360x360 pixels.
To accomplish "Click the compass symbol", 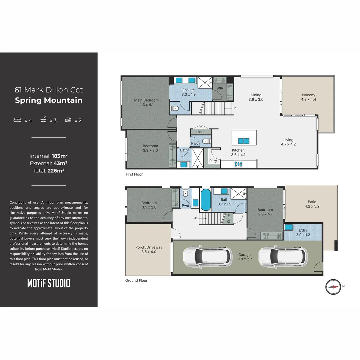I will pyautogui.click(x=333, y=287).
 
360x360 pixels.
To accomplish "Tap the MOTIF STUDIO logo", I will pyautogui.click(x=49, y=284).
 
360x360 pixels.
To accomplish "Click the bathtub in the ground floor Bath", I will pyautogui.click(x=205, y=200).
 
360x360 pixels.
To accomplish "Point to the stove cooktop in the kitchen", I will pyautogui.click(x=239, y=164).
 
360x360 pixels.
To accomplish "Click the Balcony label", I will pyautogui.click(x=308, y=95).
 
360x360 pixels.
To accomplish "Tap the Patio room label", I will pyautogui.click(x=312, y=202).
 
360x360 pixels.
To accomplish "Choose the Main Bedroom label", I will pyautogui.click(x=146, y=100).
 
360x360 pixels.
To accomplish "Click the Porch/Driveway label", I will pyautogui.click(x=149, y=247).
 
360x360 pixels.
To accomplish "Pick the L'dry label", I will pyautogui.click(x=303, y=230).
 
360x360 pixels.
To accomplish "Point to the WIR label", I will pyautogui.click(x=220, y=88).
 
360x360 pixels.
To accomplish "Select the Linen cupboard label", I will pyautogui.click(x=201, y=132).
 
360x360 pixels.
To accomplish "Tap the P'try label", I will pyautogui.click(x=213, y=161).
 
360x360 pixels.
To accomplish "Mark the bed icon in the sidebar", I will pyautogui.click(x=17, y=120).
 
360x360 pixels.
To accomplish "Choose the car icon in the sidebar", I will pyautogui.click(x=68, y=120).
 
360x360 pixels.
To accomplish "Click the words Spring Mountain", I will pyautogui.click(x=49, y=100).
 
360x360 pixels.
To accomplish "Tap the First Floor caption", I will pyautogui.click(x=134, y=174).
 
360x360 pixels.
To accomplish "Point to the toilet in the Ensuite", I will pyautogui.click(x=175, y=108).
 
